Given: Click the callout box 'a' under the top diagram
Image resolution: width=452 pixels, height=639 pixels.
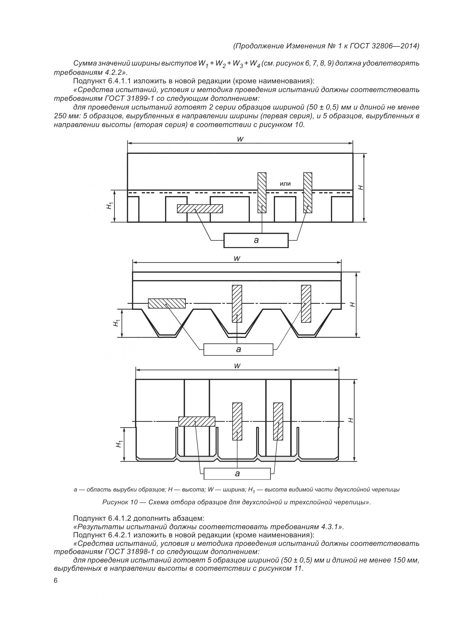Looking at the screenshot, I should pyautogui.click(x=256, y=240).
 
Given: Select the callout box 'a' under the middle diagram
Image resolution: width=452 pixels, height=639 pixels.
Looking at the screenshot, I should pyautogui.click(x=238, y=350).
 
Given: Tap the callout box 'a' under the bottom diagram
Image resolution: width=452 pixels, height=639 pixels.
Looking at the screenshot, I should pyautogui.click(x=237, y=474).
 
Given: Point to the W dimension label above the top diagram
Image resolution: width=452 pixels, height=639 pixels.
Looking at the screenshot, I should pyautogui.click(x=240, y=139).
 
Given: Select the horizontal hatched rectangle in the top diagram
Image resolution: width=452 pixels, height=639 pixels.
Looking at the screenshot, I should pyautogui.click(x=200, y=209).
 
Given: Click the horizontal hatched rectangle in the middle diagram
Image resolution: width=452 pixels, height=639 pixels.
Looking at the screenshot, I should pyautogui.click(x=167, y=303).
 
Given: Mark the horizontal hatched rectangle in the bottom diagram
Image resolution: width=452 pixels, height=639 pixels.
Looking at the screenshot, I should pyautogui.click(x=196, y=421).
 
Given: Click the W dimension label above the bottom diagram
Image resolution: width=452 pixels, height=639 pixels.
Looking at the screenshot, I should pyautogui.click(x=237, y=366).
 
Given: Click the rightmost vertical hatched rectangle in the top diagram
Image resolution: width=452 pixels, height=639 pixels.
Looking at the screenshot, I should pyautogui.click(x=307, y=193).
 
